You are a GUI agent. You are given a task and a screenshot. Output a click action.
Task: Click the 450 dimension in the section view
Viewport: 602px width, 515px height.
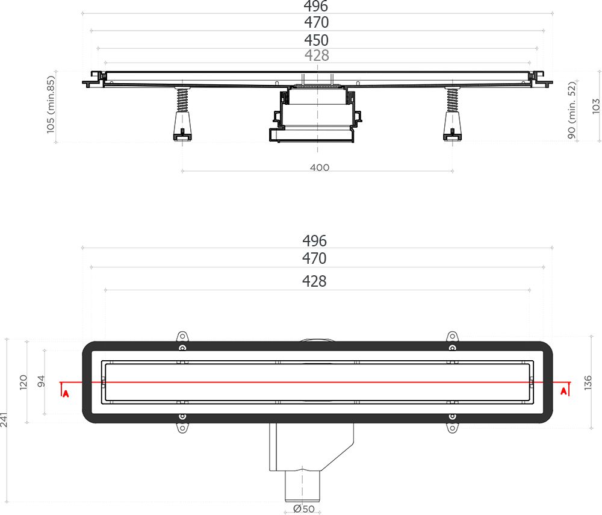[x=317, y=40]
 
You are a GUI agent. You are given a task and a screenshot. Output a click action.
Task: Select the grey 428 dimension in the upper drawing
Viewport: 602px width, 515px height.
[x=317, y=55]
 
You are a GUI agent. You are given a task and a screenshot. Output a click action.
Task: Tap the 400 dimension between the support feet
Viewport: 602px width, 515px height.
[x=320, y=167]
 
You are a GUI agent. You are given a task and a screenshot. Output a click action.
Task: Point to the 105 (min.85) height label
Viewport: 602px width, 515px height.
[x=51, y=104]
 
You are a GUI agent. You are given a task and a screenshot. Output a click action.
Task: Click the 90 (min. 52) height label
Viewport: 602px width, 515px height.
[x=572, y=110]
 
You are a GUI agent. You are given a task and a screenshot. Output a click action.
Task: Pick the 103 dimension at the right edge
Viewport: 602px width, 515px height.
[x=596, y=107]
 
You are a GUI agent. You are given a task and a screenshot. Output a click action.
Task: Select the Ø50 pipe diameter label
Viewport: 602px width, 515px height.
[x=303, y=509]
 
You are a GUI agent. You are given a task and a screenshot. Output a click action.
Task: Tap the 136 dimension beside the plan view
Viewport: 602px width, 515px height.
[x=588, y=383]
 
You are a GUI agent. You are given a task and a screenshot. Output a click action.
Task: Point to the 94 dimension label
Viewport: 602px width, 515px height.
[x=42, y=381]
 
